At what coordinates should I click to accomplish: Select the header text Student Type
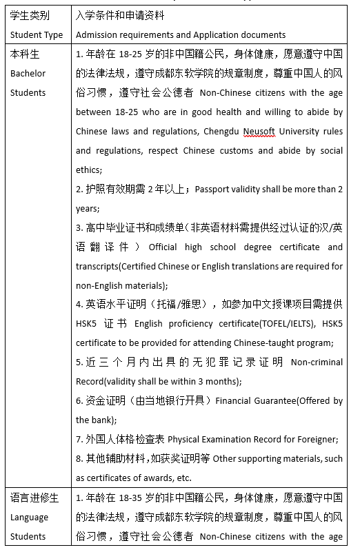[37, 35]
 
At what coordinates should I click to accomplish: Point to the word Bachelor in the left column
[28, 73]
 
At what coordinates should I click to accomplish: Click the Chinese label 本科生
[25, 54]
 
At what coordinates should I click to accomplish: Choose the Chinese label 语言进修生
[34, 498]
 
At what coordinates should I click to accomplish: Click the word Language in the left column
[30, 517]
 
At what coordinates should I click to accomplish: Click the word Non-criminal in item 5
[317, 362]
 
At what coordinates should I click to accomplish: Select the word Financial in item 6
[241, 400]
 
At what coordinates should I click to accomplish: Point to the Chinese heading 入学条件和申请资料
[117, 16]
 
